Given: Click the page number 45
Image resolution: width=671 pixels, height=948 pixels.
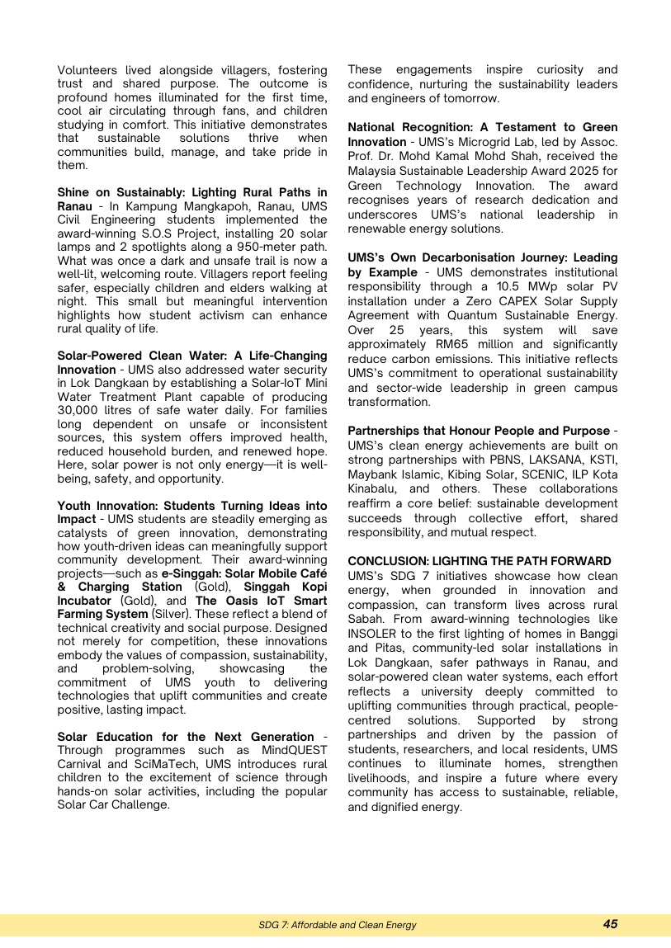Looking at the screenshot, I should coord(610,924).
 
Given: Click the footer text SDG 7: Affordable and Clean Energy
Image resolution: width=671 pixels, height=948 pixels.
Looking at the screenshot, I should coord(337,925).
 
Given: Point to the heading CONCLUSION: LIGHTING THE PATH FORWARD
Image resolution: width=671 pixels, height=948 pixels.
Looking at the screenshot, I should coord(480,561).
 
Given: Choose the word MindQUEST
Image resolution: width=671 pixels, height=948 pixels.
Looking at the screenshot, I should coord(295,750).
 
